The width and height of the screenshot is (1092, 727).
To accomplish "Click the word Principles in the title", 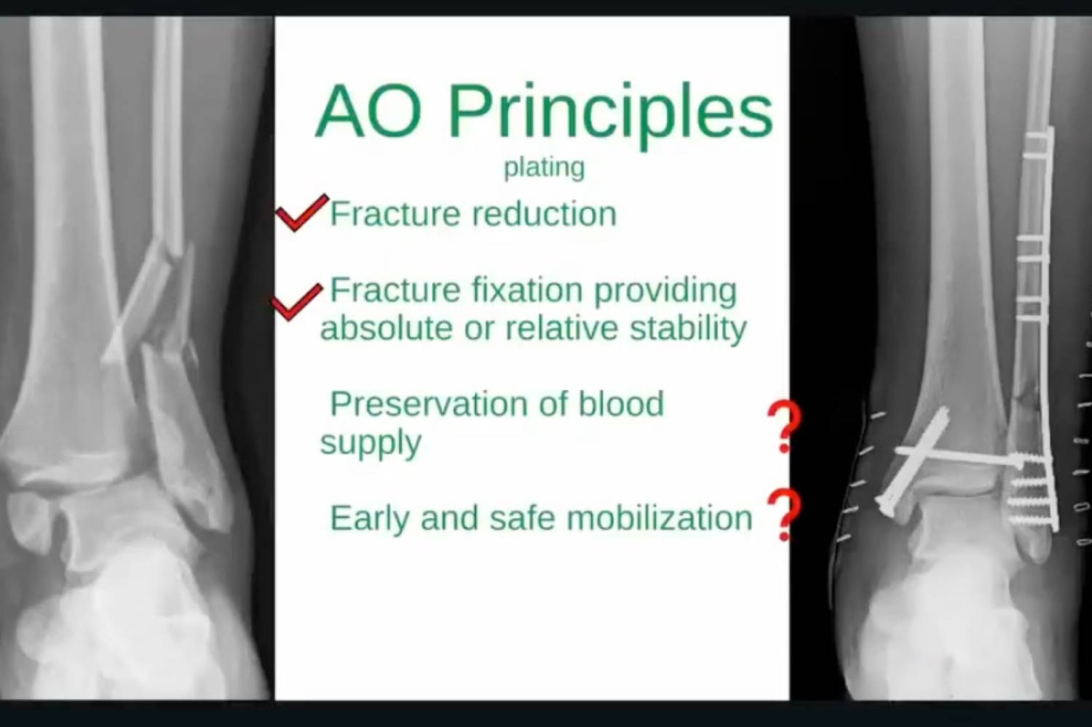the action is tap(610, 116).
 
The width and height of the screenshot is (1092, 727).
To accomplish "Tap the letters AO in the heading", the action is tap(369, 111).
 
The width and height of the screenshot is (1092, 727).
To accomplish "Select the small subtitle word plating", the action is tap(544, 167).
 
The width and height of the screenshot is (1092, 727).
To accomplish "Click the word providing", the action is tap(665, 292).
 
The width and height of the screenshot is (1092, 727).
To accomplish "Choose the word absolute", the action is tap(387, 327).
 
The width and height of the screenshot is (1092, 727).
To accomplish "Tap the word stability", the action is tap(688, 329).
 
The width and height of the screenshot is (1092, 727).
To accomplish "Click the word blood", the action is tap(621, 403).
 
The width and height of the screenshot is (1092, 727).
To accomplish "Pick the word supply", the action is tap(371, 442).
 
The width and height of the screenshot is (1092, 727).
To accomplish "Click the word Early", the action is tap(370, 519).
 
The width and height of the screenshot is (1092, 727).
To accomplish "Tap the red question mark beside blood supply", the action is tap(785, 427).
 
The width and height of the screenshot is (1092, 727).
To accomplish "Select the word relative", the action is tap(561, 327).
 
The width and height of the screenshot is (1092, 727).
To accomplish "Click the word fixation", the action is tap(528, 290).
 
